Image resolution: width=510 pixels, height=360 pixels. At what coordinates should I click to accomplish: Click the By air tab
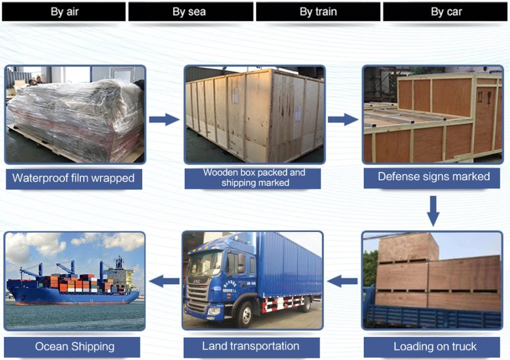coord(64,11)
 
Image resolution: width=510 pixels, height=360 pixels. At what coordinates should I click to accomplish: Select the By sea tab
coord(190,11)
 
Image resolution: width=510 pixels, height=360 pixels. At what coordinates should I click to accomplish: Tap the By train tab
coord(318,11)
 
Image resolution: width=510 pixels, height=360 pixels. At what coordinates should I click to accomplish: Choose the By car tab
coord(446,11)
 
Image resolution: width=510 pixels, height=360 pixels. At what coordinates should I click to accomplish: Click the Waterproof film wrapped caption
coord(73,178)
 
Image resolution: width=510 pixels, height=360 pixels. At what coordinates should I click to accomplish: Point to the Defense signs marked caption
coord(434,176)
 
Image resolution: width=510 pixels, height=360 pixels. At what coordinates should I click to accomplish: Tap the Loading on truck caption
coord(435,346)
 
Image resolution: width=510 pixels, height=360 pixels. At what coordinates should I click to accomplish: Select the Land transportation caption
coord(251,346)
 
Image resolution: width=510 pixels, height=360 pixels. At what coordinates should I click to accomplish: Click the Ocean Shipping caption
coord(75,346)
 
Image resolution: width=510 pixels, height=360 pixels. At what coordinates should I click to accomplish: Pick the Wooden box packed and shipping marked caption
coord(254,177)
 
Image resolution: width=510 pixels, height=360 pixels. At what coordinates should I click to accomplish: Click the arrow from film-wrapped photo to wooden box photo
coord(164,119)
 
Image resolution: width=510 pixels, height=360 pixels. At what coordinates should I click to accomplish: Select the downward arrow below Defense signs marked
coord(433,211)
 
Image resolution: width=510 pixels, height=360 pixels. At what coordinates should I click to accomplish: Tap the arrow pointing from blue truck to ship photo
coord(164,281)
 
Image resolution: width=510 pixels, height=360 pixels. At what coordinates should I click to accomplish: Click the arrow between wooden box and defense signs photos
coord(343,119)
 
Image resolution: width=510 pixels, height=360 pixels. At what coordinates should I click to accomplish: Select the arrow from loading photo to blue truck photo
coord(342,281)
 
